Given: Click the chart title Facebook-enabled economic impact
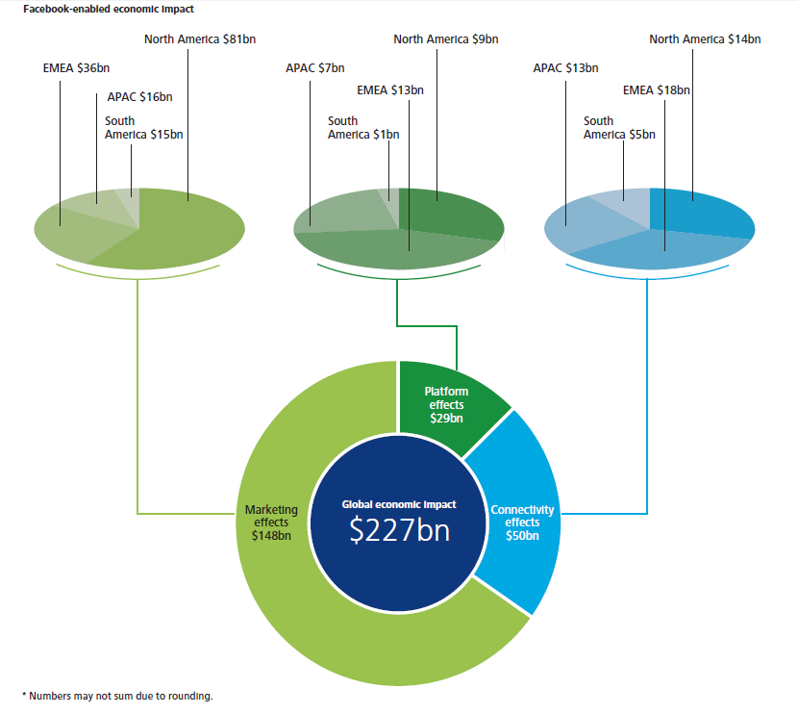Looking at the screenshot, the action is coord(109,10).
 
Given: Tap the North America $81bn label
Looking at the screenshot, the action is coord(200,39).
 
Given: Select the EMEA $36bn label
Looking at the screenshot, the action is coord(76,67).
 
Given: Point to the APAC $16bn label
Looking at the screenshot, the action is coord(140,97).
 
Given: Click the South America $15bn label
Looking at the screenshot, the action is coord(143,128).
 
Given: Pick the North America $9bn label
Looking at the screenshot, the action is coord(446,39).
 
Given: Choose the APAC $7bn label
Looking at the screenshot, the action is coord(315,67).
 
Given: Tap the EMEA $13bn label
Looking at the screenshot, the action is coord(390,90).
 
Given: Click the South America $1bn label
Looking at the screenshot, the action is coord(363,128).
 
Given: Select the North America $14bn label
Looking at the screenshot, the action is coord(705,39).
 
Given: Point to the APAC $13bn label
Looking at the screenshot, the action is coord(565,67).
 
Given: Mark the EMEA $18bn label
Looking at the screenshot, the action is coord(657,90).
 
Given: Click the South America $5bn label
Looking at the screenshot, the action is coord(619,128).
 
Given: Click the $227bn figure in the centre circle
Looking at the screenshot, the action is coord(400,530).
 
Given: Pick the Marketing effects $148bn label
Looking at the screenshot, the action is coord(271,523).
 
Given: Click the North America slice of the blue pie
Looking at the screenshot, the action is coord(700,214).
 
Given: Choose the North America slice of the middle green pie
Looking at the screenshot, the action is coord(448,214).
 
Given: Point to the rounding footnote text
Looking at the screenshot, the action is coord(118,696).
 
